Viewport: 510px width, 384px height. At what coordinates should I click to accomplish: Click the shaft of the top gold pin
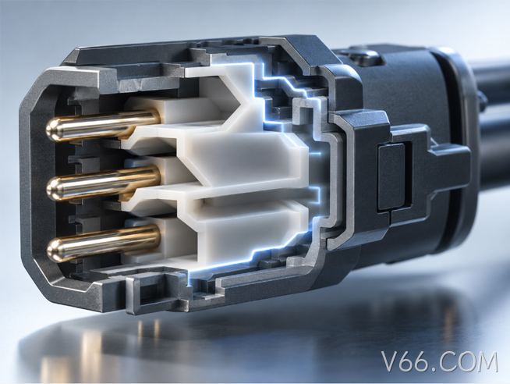(104, 124)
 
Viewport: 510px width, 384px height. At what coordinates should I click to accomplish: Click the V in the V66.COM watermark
(391, 361)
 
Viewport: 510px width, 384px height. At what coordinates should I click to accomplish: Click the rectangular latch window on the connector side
(391, 176)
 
